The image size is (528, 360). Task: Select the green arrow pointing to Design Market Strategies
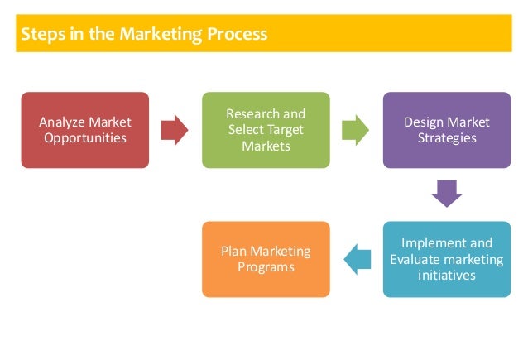coord(354,130)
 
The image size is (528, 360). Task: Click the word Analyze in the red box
coord(60,122)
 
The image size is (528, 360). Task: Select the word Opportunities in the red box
coord(85,137)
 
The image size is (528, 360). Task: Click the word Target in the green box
coord(285,130)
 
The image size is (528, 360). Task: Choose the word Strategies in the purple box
coord(447,137)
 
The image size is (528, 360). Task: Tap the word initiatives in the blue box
coord(447,275)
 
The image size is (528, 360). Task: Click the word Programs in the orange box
coord(266,266)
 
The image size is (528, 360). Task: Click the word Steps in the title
coord(38,35)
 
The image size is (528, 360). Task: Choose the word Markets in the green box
coord(266,146)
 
